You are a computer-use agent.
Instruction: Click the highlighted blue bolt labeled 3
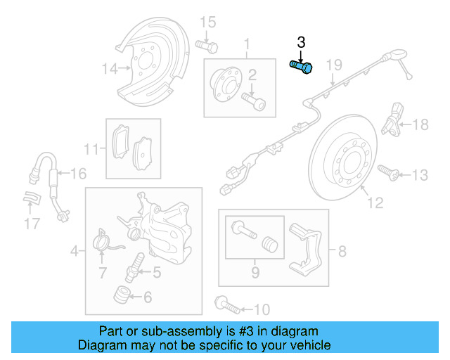point(302,67)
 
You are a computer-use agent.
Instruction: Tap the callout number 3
point(302,43)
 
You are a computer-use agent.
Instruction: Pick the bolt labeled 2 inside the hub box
point(255,101)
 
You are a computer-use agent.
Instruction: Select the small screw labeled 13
point(387,171)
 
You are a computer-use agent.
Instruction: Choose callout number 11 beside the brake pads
point(91,150)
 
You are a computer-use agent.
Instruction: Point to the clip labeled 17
point(30,199)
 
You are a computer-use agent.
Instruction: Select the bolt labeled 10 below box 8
point(226,305)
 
